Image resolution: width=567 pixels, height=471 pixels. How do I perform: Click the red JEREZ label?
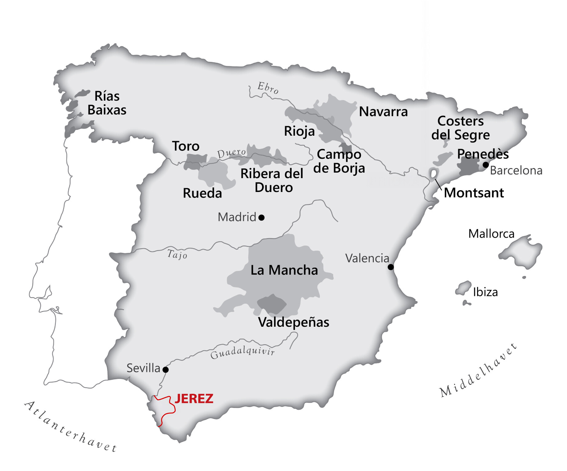[194, 399]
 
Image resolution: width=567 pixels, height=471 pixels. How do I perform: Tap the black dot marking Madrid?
[262, 218]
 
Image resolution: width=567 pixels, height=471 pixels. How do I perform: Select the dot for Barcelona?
[486, 165]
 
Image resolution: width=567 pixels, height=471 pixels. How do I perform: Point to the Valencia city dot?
[391, 267]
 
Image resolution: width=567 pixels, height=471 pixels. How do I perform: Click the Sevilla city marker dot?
[166, 369]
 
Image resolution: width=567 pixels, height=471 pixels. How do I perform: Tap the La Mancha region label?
[284, 270]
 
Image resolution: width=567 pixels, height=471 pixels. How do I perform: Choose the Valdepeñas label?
[293, 322]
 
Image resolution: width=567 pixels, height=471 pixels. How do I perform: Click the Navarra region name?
[383, 112]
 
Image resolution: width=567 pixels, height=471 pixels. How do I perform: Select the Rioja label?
[299, 131]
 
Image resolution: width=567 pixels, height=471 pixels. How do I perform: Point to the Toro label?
[186, 146]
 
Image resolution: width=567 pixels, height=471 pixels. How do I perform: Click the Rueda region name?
[202, 193]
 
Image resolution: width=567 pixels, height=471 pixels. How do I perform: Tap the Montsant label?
[474, 193]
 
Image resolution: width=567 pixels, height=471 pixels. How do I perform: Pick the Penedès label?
[483, 154]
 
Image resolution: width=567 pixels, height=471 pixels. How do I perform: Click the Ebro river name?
[268, 88]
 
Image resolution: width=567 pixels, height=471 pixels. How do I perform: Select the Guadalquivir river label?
[242, 352]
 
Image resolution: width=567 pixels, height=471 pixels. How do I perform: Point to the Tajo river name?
[177, 254]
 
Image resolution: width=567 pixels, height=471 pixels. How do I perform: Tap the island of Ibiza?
[463, 288]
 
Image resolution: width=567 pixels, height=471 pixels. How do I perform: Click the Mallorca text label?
[491, 234]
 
